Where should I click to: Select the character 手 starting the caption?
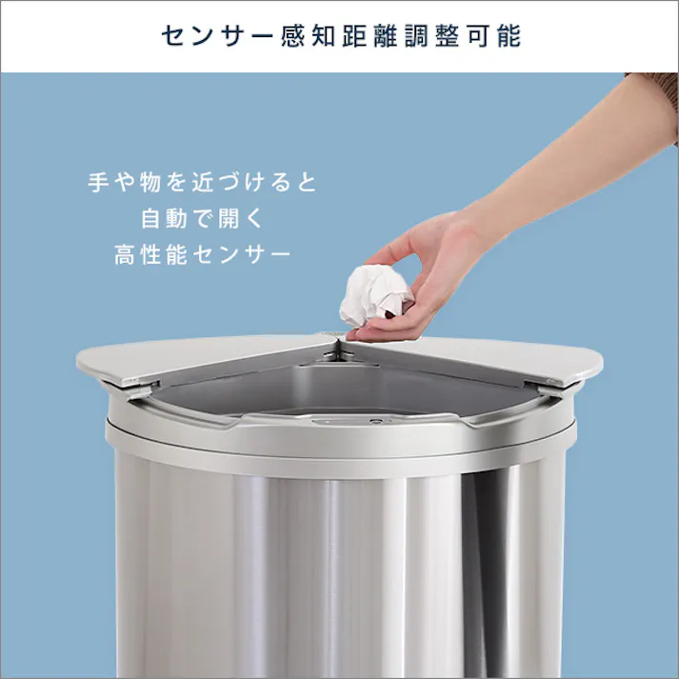tap(99, 182)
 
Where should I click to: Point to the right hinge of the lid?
tap(550, 388)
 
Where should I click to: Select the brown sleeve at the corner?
tap(657, 95)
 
